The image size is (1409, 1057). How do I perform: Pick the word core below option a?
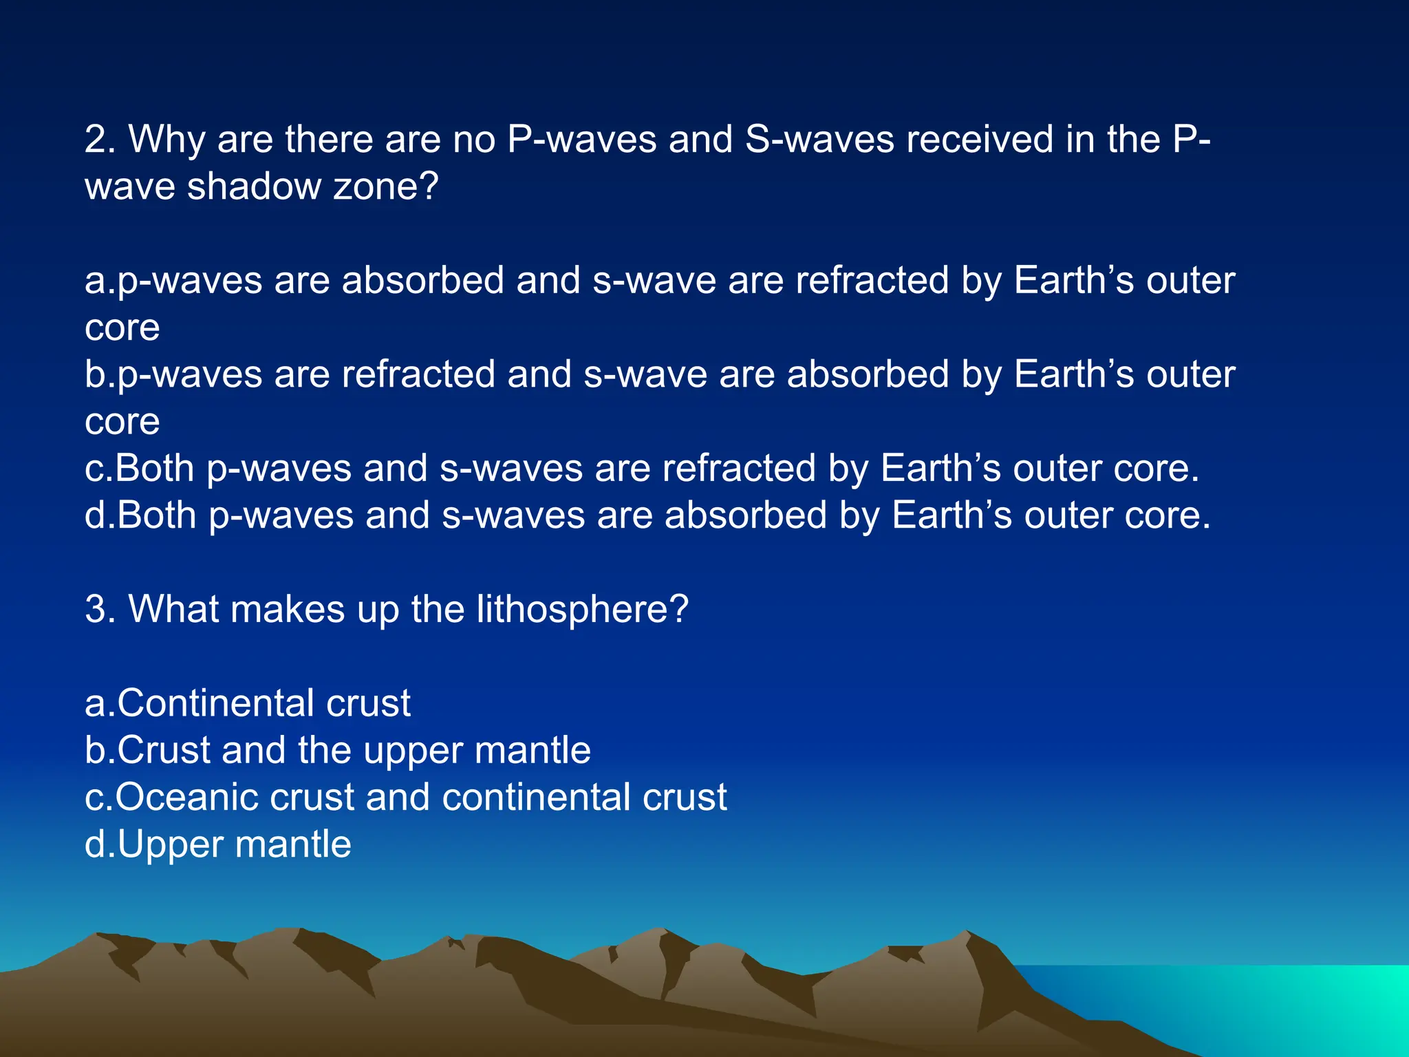(122, 328)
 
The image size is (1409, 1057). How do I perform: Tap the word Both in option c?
(155, 469)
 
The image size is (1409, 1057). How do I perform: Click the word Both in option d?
(157, 515)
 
